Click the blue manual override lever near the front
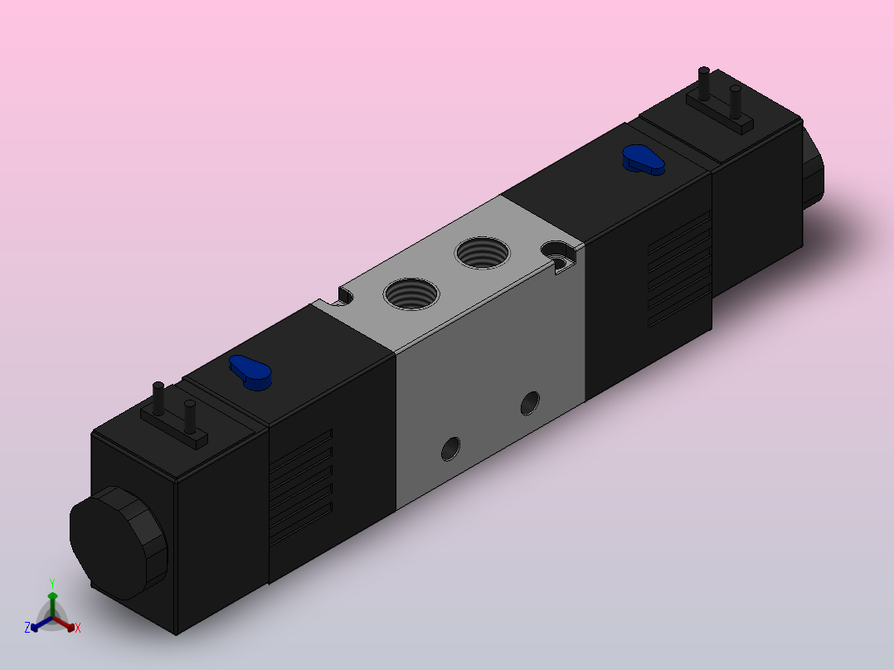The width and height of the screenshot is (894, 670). [x=250, y=372]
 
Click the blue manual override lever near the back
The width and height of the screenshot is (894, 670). [x=644, y=159]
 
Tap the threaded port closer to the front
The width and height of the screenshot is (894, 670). [x=411, y=294]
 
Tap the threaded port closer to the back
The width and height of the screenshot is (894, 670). [x=483, y=253]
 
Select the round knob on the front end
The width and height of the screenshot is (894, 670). [x=119, y=542]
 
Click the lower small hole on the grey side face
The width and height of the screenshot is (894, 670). [x=450, y=449]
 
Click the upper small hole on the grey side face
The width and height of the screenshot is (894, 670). [x=530, y=403]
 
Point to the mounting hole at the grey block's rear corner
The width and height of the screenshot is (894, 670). [x=557, y=254]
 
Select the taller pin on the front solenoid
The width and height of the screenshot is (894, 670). [x=158, y=399]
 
